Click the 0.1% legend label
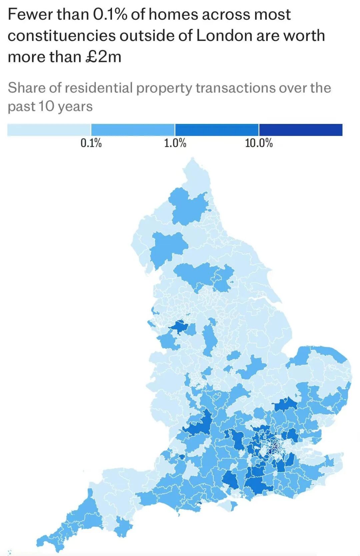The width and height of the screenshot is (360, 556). click(91, 143)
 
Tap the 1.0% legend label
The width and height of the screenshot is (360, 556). click(175, 143)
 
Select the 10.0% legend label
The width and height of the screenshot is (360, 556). click(259, 143)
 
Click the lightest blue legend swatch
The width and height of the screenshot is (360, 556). click(49, 130)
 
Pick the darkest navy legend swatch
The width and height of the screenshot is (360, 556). click(301, 130)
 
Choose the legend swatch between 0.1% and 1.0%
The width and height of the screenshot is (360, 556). click(133, 130)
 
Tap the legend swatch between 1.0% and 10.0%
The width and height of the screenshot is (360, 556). click(217, 130)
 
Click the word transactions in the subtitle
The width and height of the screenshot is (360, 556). click(235, 88)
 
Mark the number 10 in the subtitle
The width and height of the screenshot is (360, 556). click(46, 107)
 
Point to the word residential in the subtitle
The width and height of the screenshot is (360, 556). click(99, 88)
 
